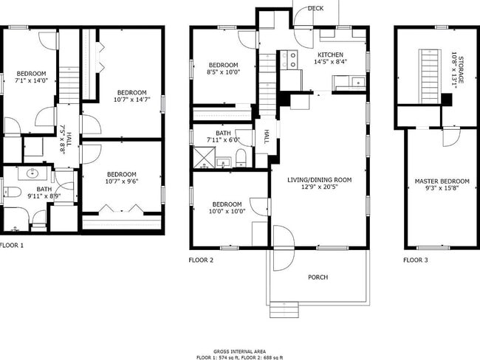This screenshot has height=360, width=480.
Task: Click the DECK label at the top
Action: (315, 8)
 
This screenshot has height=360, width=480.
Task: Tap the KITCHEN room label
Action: (330, 55)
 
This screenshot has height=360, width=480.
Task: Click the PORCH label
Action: (318, 277)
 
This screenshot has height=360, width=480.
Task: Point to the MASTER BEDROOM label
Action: (442, 181)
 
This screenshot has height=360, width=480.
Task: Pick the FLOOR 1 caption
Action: (12, 245)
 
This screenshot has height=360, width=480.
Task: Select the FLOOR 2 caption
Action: (201, 260)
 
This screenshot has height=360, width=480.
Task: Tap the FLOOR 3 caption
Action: (415, 260)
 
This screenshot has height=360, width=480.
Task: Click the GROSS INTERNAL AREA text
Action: (240, 351)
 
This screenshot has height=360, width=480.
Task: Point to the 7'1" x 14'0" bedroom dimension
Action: (32, 81)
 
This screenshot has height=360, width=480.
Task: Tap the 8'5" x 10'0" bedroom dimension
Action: (223, 72)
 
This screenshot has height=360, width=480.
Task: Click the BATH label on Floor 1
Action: (34, 189)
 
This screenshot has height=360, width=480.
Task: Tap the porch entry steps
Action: (284, 307)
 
